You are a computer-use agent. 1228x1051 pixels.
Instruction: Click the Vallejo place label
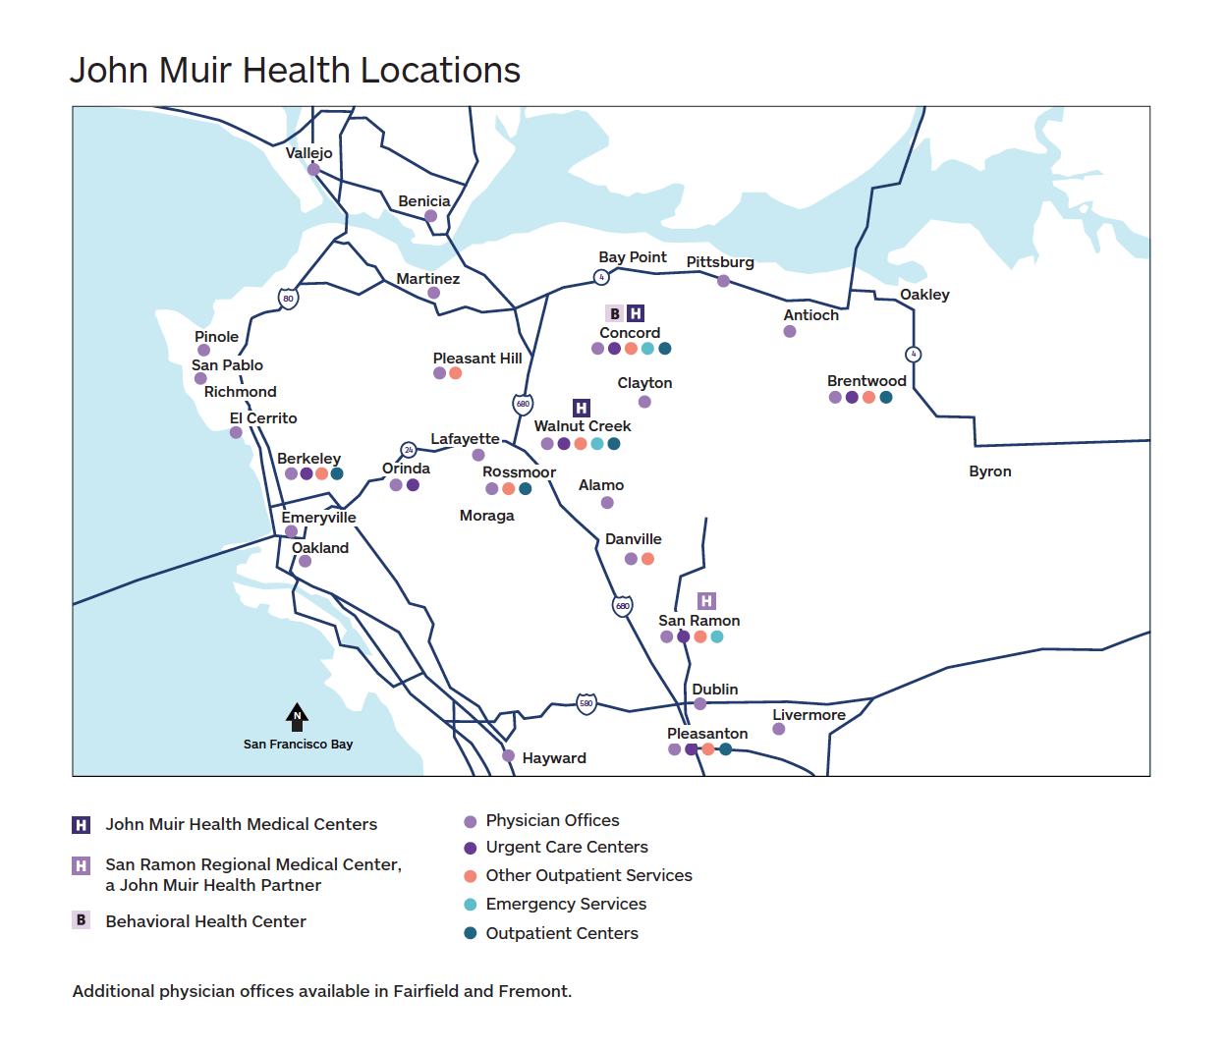click(x=308, y=153)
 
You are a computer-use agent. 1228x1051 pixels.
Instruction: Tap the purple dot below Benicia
click(x=430, y=216)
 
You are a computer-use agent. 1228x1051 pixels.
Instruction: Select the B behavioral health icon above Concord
click(x=615, y=313)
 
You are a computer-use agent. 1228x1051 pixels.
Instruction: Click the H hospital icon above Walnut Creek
click(x=582, y=408)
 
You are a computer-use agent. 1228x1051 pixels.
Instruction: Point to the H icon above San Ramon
click(x=706, y=600)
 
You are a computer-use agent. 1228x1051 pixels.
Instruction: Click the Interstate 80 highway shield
click(x=288, y=299)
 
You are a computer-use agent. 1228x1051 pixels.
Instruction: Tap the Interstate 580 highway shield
click(x=586, y=703)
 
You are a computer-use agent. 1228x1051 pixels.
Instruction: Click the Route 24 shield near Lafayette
click(x=409, y=450)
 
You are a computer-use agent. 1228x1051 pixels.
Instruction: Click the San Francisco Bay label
click(x=298, y=745)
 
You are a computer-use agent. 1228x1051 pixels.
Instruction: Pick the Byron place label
click(x=989, y=471)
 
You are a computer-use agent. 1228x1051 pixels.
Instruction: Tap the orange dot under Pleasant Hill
click(x=456, y=373)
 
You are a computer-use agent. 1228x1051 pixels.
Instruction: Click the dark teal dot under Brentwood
click(x=886, y=398)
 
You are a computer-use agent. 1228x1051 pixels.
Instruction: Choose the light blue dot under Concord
click(x=647, y=349)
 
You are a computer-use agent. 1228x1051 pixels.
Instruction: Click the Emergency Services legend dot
click(x=471, y=905)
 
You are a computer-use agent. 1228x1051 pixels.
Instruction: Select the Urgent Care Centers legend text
click(x=567, y=847)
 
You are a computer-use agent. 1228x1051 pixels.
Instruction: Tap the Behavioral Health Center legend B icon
click(x=82, y=920)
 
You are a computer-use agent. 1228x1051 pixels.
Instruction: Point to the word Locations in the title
click(x=440, y=71)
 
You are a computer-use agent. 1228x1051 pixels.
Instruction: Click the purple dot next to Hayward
click(x=508, y=756)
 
